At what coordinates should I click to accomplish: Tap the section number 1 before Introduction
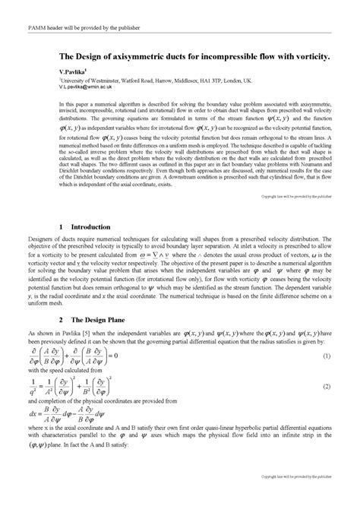point(60,227)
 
